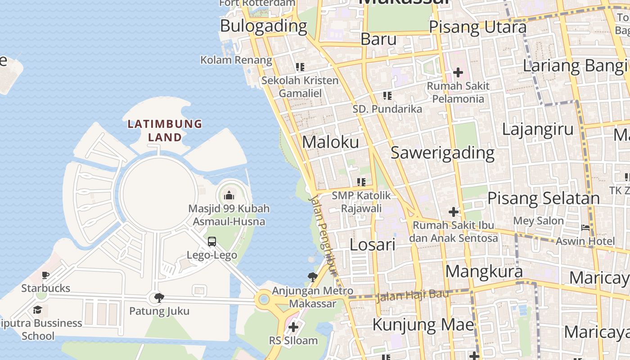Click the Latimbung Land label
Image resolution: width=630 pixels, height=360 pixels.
(x=165, y=130)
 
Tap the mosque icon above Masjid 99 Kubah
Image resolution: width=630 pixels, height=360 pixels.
(x=229, y=195)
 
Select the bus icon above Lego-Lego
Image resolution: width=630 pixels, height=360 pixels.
(x=212, y=242)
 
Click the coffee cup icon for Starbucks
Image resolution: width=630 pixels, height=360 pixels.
(x=45, y=275)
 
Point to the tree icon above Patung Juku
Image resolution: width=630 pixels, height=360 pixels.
(x=159, y=297)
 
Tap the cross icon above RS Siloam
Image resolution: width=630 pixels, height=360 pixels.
(x=293, y=327)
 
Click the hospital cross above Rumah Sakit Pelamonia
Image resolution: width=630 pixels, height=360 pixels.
(x=458, y=72)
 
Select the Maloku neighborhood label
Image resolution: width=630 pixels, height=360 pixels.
(x=331, y=142)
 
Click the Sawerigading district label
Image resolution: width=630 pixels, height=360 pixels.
(x=442, y=153)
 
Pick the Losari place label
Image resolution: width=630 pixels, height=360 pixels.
(x=373, y=245)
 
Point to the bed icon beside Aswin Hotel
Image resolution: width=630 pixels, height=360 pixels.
(x=585, y=228)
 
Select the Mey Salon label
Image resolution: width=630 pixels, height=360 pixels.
(x=538, y=221)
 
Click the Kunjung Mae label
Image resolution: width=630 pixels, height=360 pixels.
(x=423, y=324)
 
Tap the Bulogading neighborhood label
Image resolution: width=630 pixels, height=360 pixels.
(x=263, y=26)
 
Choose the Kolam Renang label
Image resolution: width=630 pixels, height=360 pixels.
(x=236, y=60)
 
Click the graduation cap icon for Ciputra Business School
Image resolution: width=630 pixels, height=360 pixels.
(x=37, y=310)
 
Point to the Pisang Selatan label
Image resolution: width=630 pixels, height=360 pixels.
(x=544, y=198)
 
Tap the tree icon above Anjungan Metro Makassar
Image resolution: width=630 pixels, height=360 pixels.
(x=312, y=277)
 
